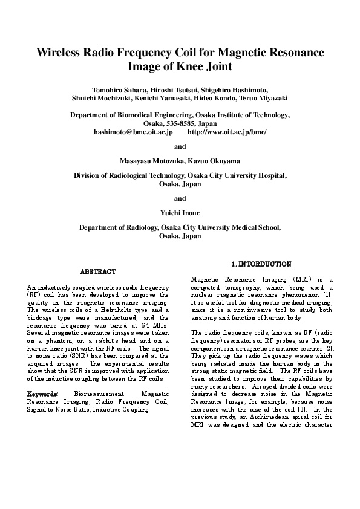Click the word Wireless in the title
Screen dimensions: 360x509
[61, 53]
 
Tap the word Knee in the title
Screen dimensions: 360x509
[189, 66]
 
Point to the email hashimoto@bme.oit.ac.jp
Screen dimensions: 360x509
[133, 131]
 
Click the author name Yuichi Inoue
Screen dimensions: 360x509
[180, 213]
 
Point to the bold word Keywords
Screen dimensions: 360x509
[42, 394]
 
